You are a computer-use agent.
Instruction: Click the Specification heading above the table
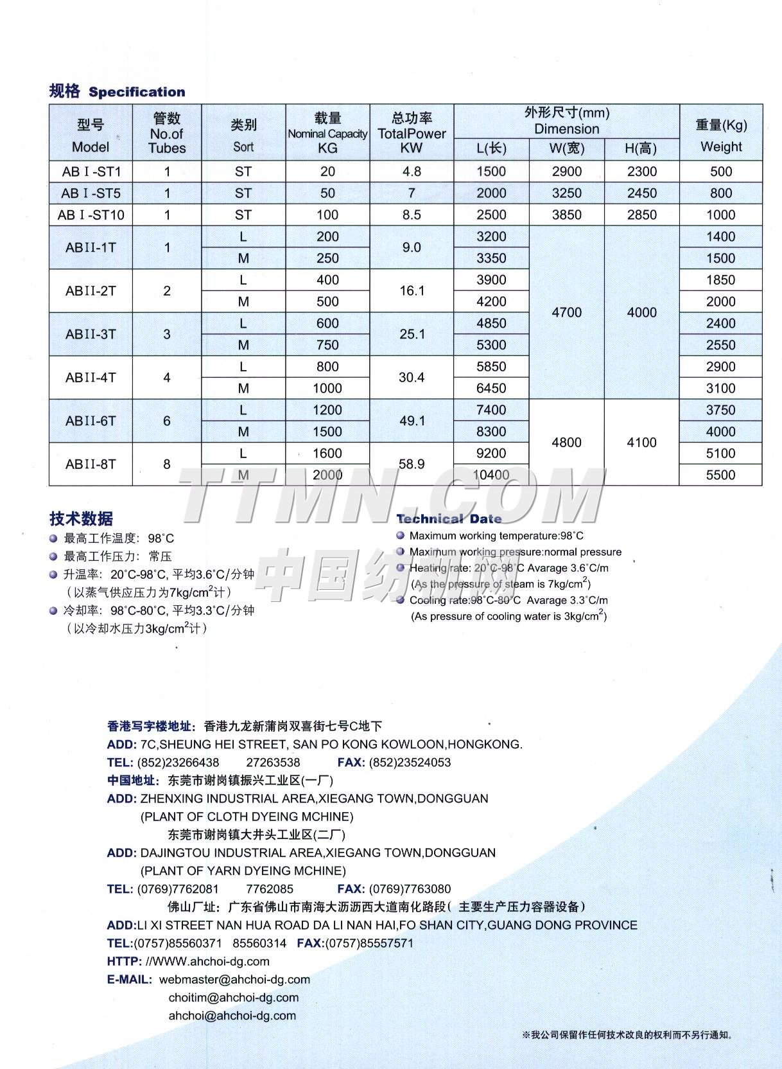coord(136,92)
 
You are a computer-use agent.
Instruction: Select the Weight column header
coord(720,146)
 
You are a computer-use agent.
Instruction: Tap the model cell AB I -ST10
coord(91,215)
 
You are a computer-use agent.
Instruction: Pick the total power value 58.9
coord(412,464)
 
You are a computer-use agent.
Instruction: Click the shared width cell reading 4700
coord(566,312)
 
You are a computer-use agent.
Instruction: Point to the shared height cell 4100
coord(641,442)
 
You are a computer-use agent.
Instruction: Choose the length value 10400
coord(491,475)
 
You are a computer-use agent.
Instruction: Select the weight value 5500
coord(720,475)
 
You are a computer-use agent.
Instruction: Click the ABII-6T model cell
coord(91,421)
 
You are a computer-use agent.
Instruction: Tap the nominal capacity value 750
coord(327,345)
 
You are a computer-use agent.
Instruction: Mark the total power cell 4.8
coord(412,172)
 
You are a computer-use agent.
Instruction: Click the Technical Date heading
coord(449,519)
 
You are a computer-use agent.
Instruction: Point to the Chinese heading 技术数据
coord(81,518)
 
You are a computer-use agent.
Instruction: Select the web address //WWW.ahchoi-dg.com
coord(208,961)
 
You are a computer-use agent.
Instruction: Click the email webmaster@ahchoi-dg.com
coord(234,979)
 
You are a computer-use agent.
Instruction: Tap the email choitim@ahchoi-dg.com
coord(234,997)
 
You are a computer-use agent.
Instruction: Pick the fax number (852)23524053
coord(409,763)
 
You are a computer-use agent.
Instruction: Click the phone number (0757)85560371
coord(178,943)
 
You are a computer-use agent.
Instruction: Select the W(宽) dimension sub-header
coord(566,149)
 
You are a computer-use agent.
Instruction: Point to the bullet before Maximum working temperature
coord(401,535)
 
